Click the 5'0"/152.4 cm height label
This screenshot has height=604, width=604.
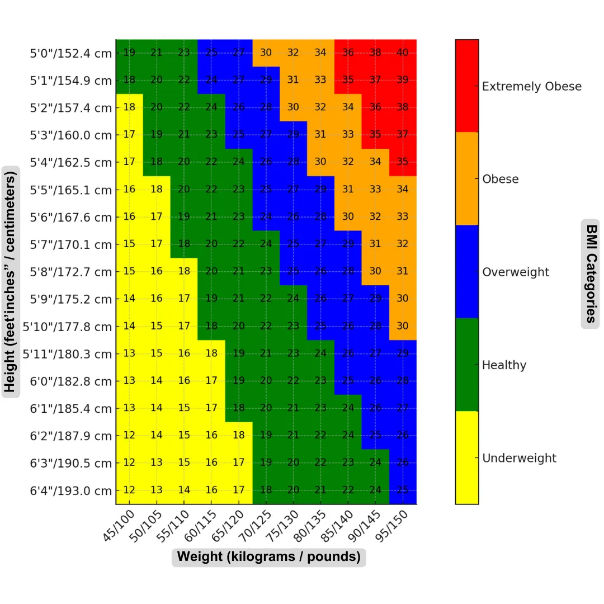tap(71, 54)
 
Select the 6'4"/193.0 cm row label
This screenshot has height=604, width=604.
tap(71, 491)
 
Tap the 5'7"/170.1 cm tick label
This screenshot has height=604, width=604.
tap(71, 245)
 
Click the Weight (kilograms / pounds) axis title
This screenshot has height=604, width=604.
tap(268, 557)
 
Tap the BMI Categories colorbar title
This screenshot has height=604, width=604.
tap(591, 272)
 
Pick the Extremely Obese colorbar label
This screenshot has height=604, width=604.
tap(531, 87)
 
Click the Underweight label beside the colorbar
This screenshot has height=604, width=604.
tap(519, 458)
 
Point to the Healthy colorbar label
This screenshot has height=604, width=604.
tap(504, 365)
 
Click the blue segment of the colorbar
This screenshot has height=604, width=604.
tap(467, 272)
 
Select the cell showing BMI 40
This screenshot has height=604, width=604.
tap(403, 53)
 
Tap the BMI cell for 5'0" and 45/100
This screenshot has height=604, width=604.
tap(129, 53)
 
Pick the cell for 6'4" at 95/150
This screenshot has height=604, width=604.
tap(403, 490)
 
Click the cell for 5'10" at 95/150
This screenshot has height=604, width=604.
tap(403, 327)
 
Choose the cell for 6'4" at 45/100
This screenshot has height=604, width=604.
tap(129, 490)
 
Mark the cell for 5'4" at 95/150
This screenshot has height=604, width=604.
tap(403, 163)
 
